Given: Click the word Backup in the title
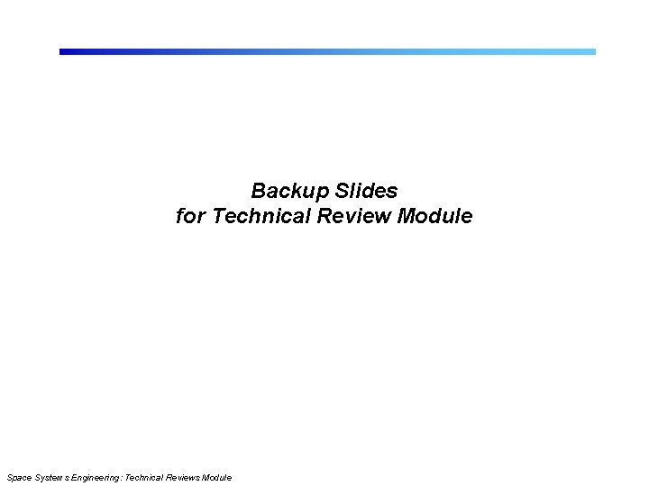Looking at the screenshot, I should [292, 191].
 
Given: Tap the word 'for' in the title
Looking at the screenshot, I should [190, 217].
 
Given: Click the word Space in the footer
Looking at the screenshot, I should [18, 477].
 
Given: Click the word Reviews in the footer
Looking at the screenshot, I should [185, 477].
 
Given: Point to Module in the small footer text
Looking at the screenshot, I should [217, 477].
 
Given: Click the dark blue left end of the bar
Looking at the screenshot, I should [65, 51].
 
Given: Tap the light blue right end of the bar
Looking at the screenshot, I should [590, 51].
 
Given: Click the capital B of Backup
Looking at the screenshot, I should [258, 191].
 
